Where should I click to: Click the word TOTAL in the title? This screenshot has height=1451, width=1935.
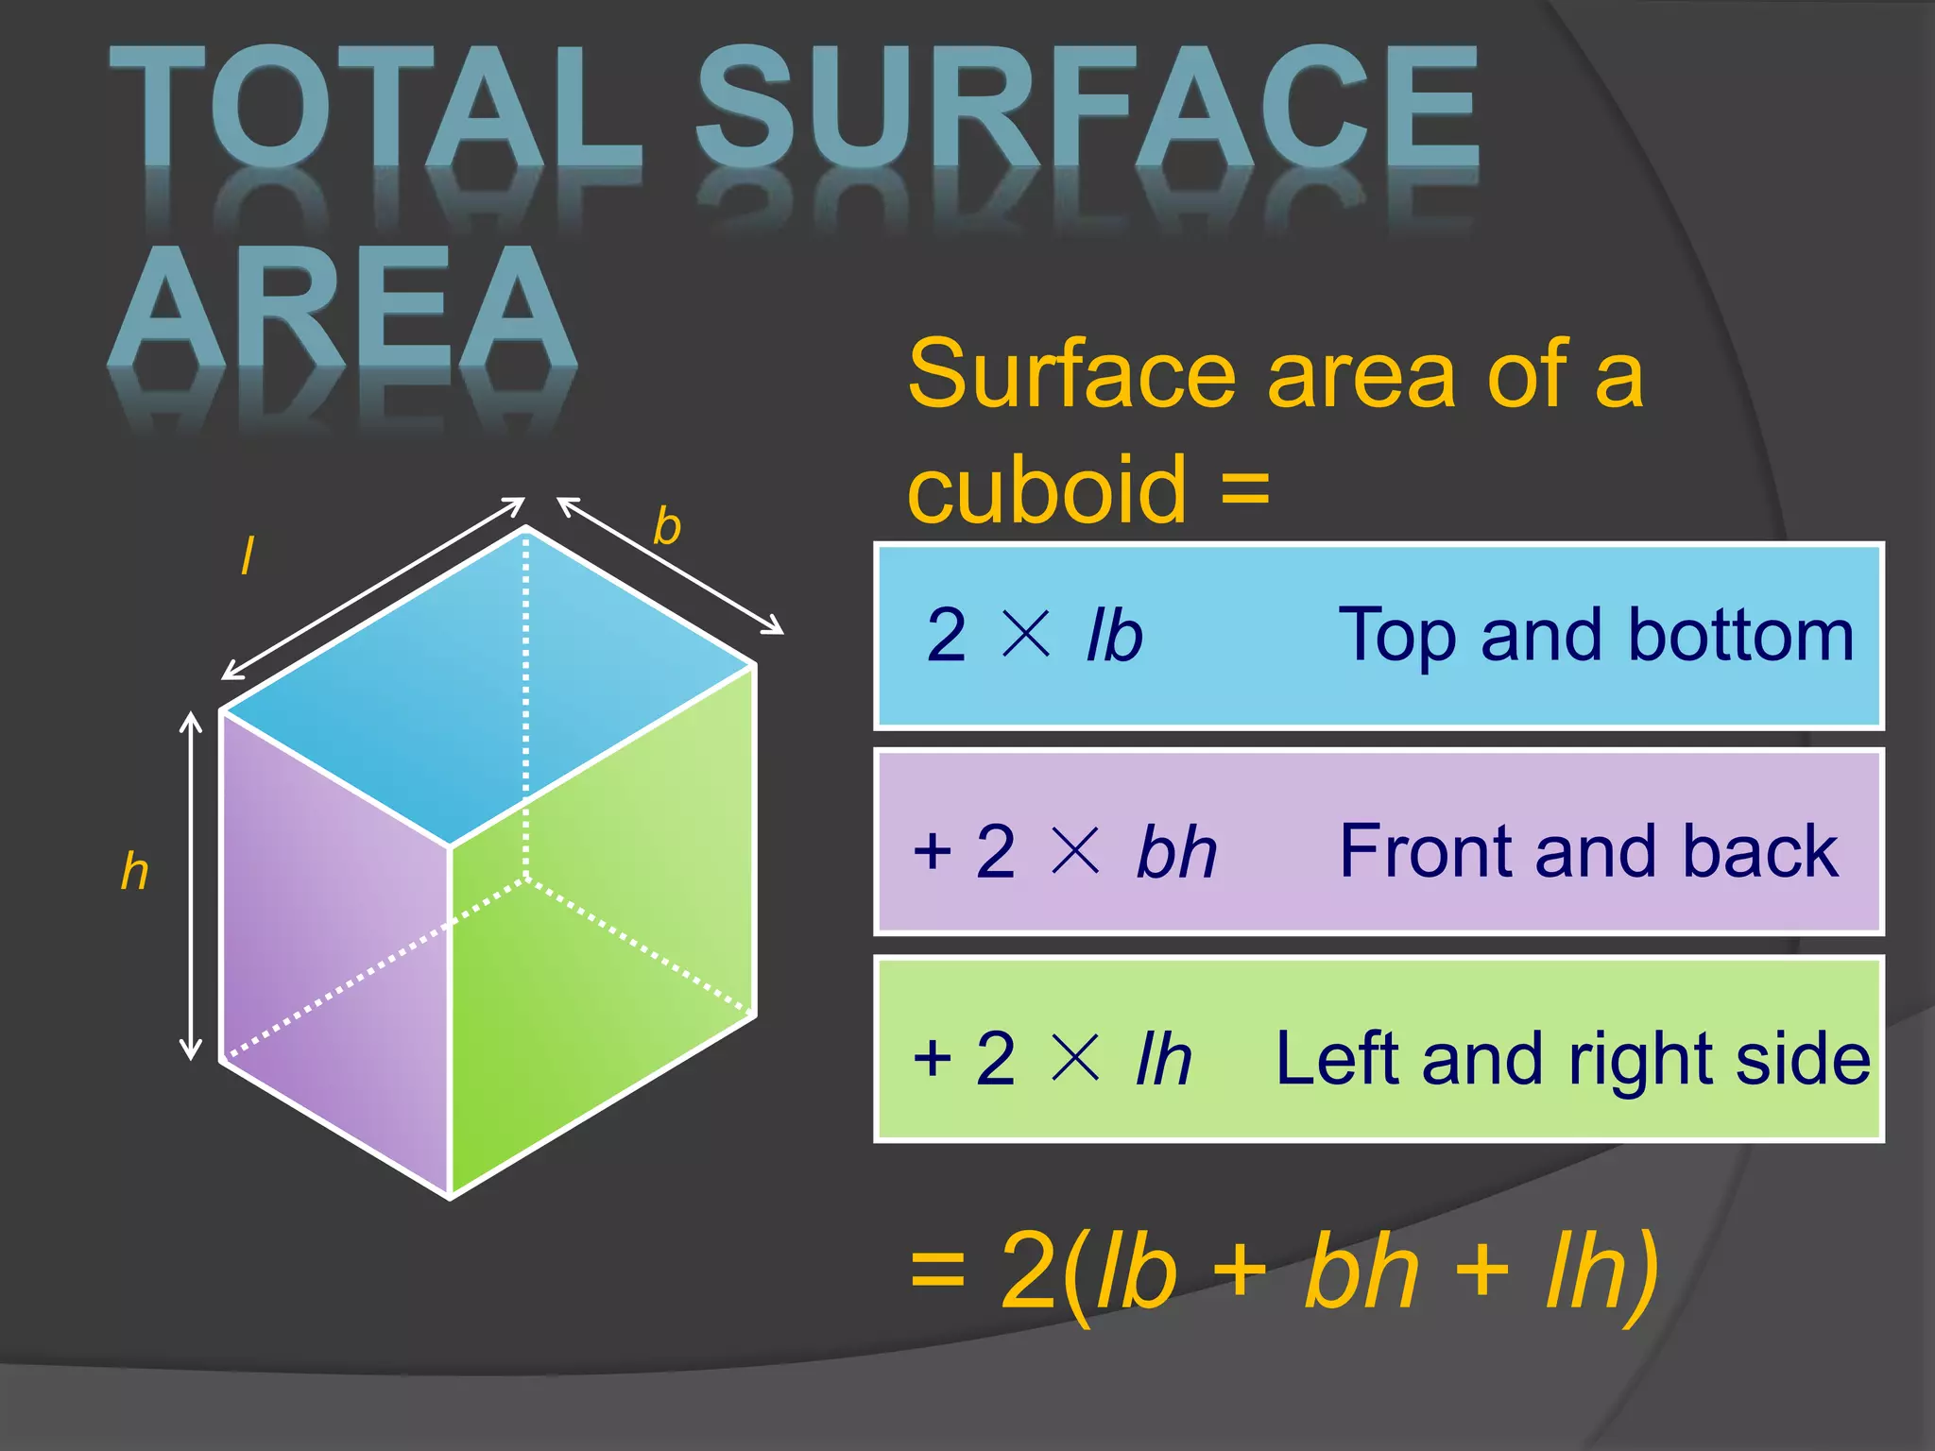coord(373,109)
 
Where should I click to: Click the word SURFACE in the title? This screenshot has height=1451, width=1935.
coord(1087,109)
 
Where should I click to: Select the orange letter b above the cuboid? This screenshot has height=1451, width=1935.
coord(667,526)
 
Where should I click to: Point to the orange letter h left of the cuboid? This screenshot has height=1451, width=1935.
coord(135,871)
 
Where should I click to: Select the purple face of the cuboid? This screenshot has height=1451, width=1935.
coord(335,945)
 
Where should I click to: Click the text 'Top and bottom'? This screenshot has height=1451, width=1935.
coord(1597,635)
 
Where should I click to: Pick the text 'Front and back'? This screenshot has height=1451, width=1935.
coord(1589,851)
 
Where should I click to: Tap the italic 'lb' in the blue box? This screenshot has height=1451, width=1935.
coord(1115,635)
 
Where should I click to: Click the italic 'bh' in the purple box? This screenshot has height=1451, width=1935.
coord(1176,852)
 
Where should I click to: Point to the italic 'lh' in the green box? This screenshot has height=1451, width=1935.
coord(1164,1059)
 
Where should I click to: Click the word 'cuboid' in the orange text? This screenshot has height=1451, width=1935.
coord(1047,489)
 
